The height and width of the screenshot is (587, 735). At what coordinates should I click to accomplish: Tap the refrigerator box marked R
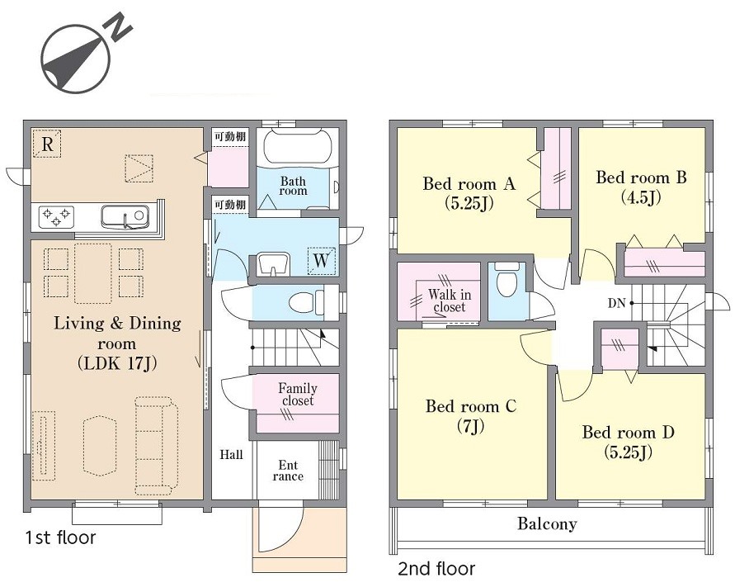click(47, 144)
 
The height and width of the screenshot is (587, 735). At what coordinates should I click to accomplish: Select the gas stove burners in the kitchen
click(56, 215)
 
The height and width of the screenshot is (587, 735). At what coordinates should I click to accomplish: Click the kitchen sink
click(125, 217)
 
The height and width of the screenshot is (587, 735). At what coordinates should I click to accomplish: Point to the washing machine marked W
click(322, 260)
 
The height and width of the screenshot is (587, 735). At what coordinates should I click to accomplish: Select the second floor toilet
click(506, 279)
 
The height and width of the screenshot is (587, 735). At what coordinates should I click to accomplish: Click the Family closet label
click(298, 395)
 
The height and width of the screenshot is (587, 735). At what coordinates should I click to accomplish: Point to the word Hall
click(232, 454)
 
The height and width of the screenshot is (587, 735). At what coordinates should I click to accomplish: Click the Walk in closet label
click(449, 301)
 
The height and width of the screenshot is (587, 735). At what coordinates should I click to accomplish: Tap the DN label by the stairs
click(617, 303)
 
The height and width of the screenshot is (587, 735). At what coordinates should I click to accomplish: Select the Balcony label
click(547, 523)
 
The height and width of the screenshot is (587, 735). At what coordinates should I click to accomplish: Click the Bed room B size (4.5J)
click(641, 197)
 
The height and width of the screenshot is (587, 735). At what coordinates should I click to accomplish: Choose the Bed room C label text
click(471, 406)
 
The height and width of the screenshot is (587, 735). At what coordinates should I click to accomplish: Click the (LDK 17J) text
click(116, 363)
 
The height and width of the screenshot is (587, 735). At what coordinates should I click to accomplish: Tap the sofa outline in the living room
click(157, 446)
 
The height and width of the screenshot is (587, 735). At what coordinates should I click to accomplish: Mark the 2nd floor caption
click(436, 569)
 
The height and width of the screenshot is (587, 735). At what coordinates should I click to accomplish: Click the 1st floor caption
click(60, 537)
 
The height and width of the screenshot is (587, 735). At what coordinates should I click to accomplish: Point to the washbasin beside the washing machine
click(273, 263)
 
